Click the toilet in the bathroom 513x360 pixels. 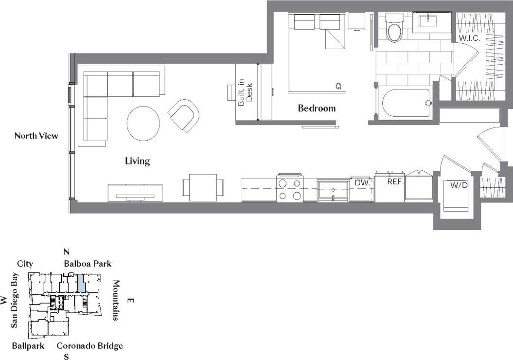click(393, 30)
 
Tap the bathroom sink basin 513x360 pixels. click(428, 20)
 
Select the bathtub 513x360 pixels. click(406, 103)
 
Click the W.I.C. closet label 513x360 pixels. click(469, 38)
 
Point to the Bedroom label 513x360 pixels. click(317, 108)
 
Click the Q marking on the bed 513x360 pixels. click(338, 86)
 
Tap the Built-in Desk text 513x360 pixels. click(246, 92)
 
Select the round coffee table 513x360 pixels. click(143, 124)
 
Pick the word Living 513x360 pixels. click(138, 161)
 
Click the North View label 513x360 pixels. click(36, 136)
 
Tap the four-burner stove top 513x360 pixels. click(290, 189)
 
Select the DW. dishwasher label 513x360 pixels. click(363, 182)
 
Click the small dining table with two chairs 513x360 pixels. click(203, 187)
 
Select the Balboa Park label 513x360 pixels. click(88, 264)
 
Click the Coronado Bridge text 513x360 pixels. click(89, 346)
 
